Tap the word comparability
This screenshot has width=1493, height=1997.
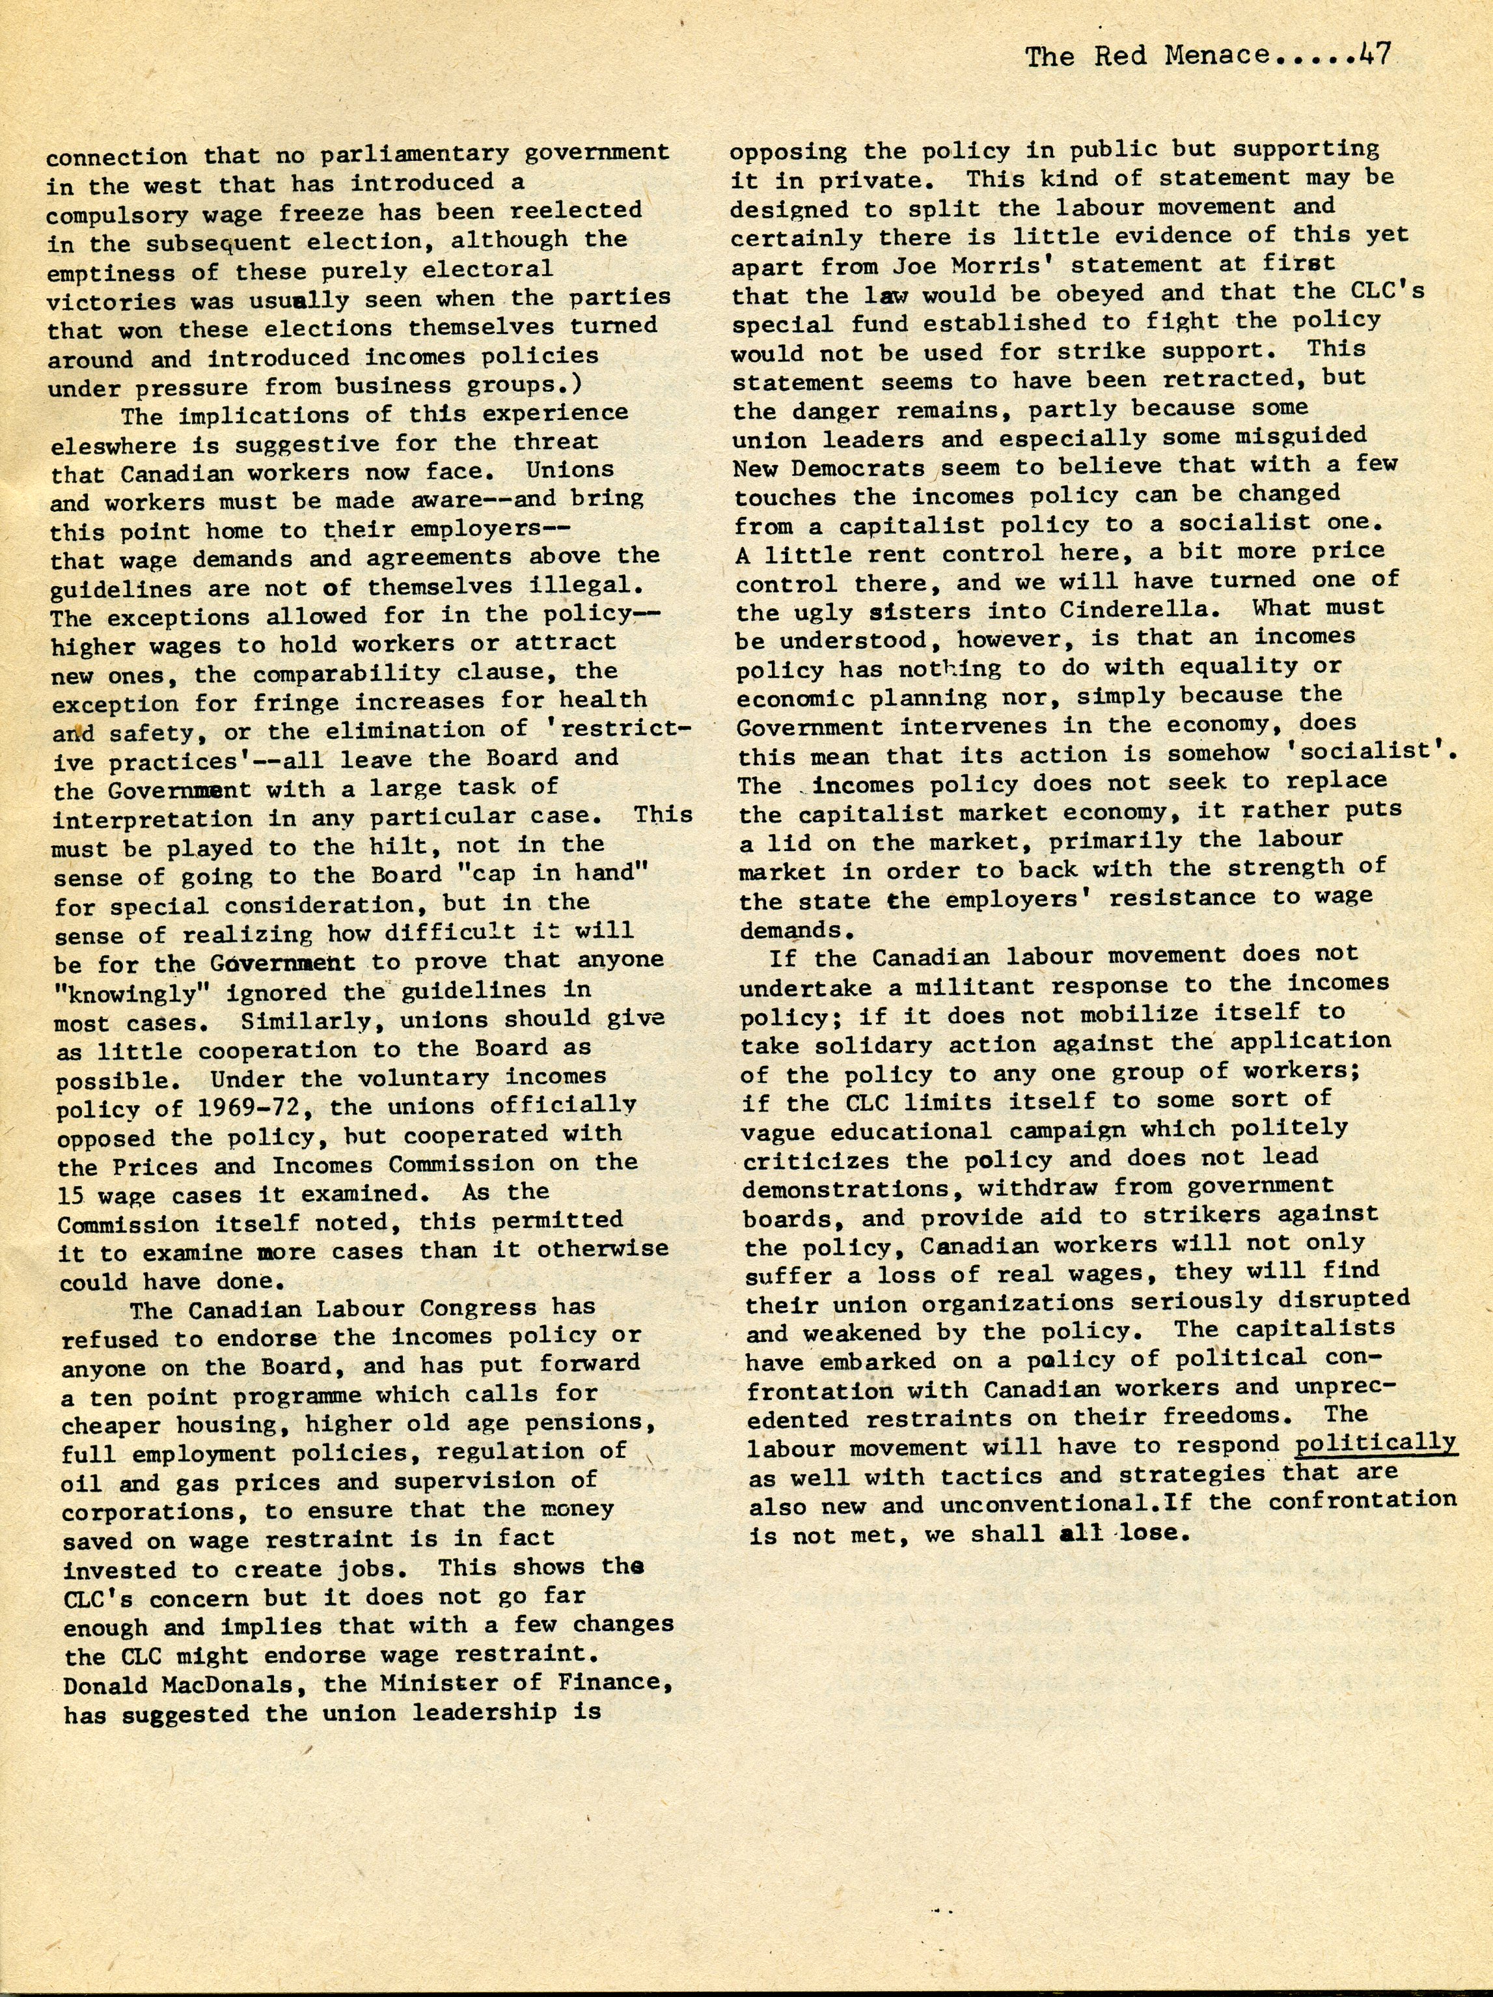pos(371,673)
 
